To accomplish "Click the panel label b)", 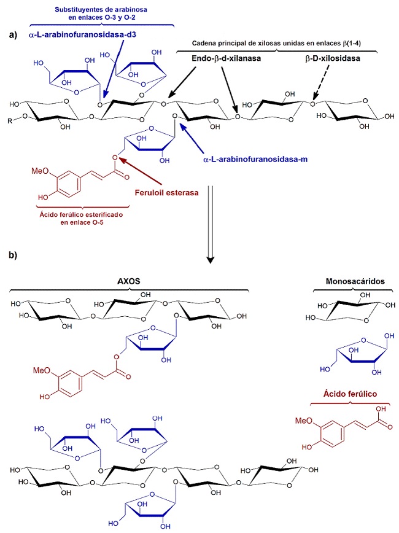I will pos(13,254).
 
